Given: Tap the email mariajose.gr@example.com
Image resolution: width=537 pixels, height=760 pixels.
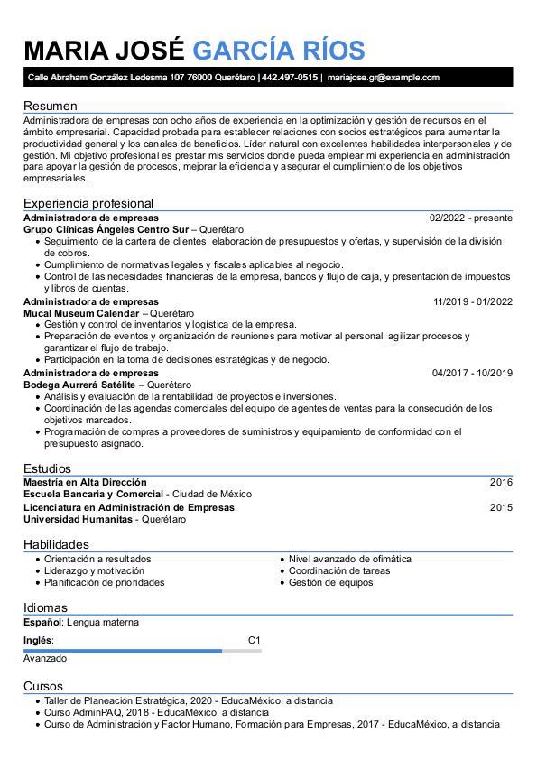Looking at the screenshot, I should [383, 78].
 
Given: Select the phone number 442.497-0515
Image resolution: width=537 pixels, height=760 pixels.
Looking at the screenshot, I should [290, 78].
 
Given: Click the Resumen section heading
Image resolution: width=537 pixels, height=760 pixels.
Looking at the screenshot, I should [50, 106].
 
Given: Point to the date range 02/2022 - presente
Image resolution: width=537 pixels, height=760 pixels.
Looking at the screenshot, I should [471, 218].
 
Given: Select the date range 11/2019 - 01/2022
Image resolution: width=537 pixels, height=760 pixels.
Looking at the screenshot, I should [472, 301].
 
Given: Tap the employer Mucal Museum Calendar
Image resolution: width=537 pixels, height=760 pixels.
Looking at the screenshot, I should [81, 313].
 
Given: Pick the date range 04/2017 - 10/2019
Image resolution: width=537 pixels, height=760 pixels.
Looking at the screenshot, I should [472, 373].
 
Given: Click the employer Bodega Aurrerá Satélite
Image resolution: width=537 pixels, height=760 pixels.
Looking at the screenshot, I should [79, 385].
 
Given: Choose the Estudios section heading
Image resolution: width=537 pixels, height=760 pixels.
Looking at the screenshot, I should [49, 468].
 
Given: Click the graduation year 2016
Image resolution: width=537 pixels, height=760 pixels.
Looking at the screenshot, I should [501, 482].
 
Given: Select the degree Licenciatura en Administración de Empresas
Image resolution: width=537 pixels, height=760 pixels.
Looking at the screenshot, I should [128, 507].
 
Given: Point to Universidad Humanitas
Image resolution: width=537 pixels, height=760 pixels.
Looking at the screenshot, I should [78, 520].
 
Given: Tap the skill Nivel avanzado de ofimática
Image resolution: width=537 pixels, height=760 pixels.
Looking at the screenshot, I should [349, 559].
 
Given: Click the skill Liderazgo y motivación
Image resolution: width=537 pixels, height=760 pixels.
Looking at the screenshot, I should [94, 570].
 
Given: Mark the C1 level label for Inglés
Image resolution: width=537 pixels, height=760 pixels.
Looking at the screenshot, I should [254, 640].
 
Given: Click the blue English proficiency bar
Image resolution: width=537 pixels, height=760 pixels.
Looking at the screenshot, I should [123, 650].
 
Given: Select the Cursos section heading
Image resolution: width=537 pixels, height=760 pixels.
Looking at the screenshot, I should [43, 686].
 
